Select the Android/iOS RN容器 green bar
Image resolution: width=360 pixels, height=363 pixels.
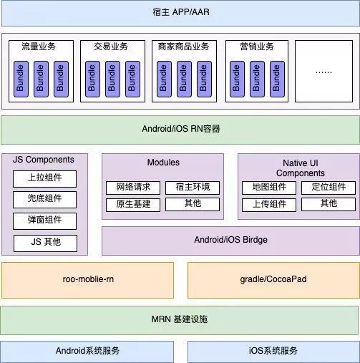click(180, 129)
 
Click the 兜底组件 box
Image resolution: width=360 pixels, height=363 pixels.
click(44, 199)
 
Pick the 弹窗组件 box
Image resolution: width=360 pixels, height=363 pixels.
click(44, 221)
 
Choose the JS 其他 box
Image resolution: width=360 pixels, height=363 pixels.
click(44, 242)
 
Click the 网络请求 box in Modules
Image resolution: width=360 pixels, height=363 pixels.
click(133, 188)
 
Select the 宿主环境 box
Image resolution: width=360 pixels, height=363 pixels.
click(193, 188)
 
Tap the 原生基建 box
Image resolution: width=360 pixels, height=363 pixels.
click(133, 204)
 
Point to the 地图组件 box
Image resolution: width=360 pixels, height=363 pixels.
click(269, 188)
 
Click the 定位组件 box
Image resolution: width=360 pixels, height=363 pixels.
click(329, 188)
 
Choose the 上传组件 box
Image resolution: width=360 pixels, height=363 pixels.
click(269, 204)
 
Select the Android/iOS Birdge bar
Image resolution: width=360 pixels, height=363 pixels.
click(230, 240)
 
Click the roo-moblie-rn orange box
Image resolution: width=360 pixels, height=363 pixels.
click(87, 279)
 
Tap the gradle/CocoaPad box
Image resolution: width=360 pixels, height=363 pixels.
click(273, 279)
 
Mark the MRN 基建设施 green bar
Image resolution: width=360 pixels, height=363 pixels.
click(180, 319)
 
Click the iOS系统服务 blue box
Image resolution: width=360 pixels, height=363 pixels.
click(273, 351)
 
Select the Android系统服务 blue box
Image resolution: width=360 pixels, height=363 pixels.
click(87, 351)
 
